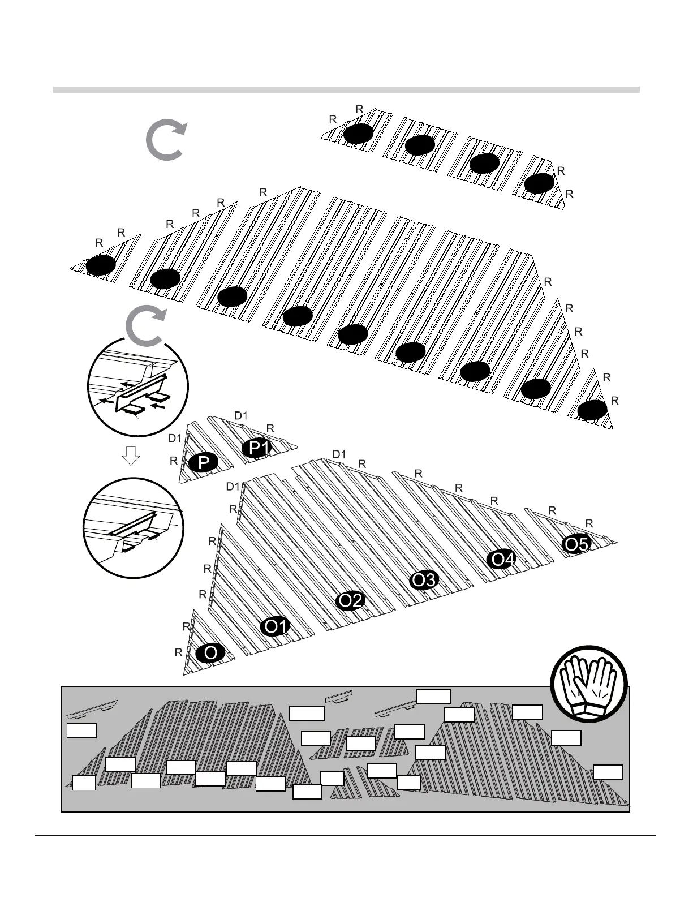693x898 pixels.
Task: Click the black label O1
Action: coord(276,626)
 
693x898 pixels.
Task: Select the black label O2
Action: coord(350,600)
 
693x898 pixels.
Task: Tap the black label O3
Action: coord(424,580)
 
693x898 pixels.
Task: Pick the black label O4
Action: coord(502,560)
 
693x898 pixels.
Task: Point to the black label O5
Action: coord(576,544)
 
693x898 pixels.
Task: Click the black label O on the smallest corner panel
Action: coord(210,653)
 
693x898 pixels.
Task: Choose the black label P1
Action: coord(257,448)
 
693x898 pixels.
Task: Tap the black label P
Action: coord(204,463)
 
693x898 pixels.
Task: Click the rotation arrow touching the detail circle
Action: coord(144,328)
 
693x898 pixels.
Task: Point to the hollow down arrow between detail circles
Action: coord(131,455)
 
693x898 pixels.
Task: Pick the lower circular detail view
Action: coord(133,527)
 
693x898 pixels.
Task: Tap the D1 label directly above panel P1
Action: coord(241,416)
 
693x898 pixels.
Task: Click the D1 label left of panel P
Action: coord(175,438)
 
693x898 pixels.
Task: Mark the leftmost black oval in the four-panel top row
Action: coord(358,134)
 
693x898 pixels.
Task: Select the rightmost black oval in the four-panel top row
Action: coord(539,183)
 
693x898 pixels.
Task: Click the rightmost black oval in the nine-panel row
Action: coord(592,410)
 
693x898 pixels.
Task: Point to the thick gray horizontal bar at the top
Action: coord(346,89)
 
